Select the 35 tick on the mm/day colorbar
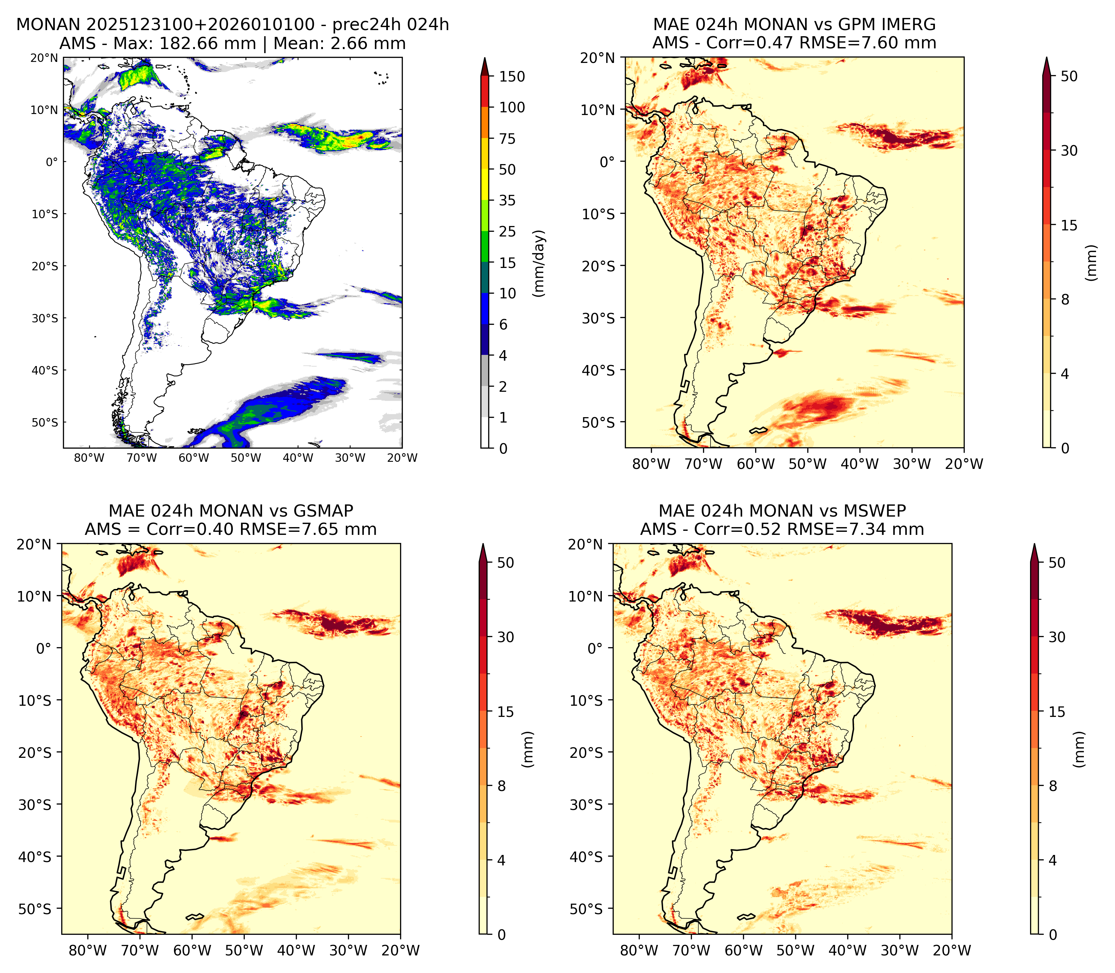tap(507, 200)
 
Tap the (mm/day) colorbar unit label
tap(539, 263)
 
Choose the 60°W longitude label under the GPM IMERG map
tap(756, 464)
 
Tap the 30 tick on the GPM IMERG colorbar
tap(1069, 151)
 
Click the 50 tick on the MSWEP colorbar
tap(1057, 563)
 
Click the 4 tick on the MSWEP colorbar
tap(1052, 861)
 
